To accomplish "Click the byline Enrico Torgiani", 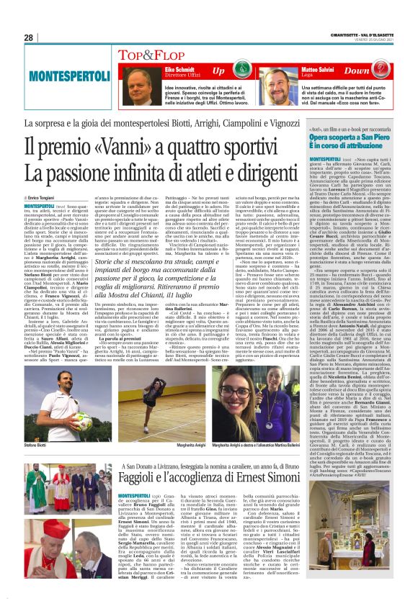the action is [x=47, y=197].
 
